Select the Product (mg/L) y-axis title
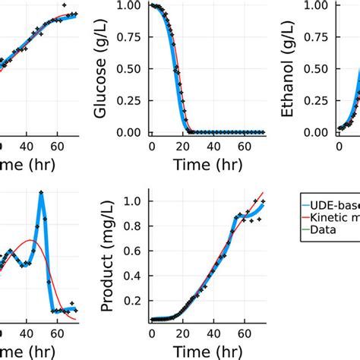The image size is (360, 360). (x=107, y=255)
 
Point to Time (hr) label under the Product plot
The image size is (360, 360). (x=207, y=349)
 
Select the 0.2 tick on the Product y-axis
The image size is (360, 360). (x=134, y=300)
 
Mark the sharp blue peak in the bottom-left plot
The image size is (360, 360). (x=40, y=194)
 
